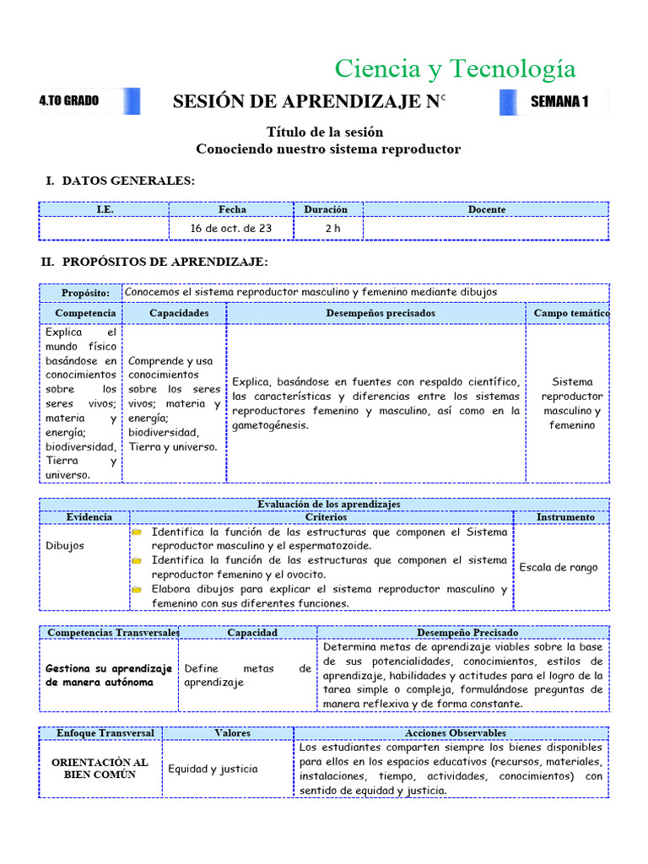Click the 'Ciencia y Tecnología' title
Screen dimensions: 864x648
(455, 68)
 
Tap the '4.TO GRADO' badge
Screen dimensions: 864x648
(69, 101)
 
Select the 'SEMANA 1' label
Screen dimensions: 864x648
(559, 102)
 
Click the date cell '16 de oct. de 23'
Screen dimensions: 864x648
(231, 228)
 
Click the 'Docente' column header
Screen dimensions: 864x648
(487, 209)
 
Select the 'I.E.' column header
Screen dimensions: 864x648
(105, 209)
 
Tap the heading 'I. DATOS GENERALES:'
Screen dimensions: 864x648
(120, 181)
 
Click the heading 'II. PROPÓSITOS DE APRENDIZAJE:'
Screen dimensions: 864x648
(155, 262)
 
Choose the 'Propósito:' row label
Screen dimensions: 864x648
(85, 293)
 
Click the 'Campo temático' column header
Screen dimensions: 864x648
(571, 313)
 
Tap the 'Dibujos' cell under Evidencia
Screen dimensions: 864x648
(65, 546)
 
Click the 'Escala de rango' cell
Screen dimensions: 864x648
(559, 567)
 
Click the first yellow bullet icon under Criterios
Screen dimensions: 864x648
(136, 532)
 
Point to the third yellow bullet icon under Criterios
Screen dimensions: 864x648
(136, 590)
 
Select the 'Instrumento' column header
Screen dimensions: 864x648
(565, 516)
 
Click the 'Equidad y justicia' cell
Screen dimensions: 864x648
(213, 769)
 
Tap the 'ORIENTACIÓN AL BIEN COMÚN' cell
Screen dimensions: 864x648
(100, 768)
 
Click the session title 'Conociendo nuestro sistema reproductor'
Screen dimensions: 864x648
(328, 149)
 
